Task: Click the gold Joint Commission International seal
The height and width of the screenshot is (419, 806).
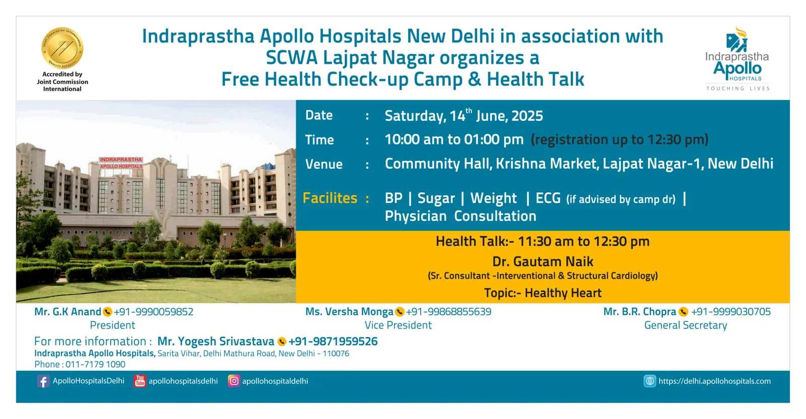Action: pyautogui.click(x=62, y=48)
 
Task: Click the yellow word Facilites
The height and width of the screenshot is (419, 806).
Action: pyautogui.click(x=330, y=198)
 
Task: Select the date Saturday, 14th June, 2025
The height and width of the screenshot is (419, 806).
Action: pyautogui.click(x=464, y=115)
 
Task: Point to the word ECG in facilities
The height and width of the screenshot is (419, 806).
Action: pyautogui.click(x=548, y=198)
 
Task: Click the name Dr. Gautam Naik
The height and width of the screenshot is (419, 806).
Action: pyautogui.click(x=543, y=261)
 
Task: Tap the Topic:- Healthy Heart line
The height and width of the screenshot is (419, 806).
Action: pyautogui.click(x=543, y=293)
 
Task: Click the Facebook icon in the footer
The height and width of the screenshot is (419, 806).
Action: pyautogui.click(x=43, y=381)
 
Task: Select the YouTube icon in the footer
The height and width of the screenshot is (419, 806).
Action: pyautogui.click(x=140, y=381)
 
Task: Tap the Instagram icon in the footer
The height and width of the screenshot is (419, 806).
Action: pyautogui.click(x=234, y=381)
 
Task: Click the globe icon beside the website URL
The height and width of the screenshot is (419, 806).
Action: pyautogui.click(x=649, y=381)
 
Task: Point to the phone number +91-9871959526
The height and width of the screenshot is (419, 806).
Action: pyautogui.click(x=333, y=341)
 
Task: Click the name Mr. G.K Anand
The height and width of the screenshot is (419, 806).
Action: pyautogui.click(x=68, y=312)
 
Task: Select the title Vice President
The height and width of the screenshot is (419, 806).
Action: pyautogui.click(x=398, y=325)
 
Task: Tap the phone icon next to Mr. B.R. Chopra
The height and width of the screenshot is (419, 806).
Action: pyautogui.click(x=683, y=312)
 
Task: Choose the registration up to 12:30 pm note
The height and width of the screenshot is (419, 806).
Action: pyautogui.click(x=620, y=139)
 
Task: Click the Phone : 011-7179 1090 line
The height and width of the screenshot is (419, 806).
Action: pyautogui.click(x=80, y=364)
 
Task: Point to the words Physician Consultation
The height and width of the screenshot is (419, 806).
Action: pyautogui.click(x=460, y=216)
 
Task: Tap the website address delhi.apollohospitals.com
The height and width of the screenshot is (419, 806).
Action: pyautogui.click(x=715, y=381)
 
